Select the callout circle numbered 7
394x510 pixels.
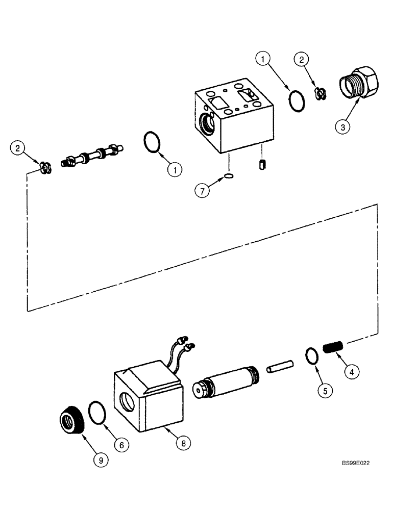pyautogui.click(x=202, y=191)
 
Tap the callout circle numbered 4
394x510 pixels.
pyautogui.click(x=352, y=372)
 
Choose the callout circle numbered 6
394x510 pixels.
pyautogui.click(x=121, y=445)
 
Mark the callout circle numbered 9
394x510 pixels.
pyautogui.click(x=101, y=460)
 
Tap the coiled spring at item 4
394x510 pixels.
pyautogui.click(x=334, y=350)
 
